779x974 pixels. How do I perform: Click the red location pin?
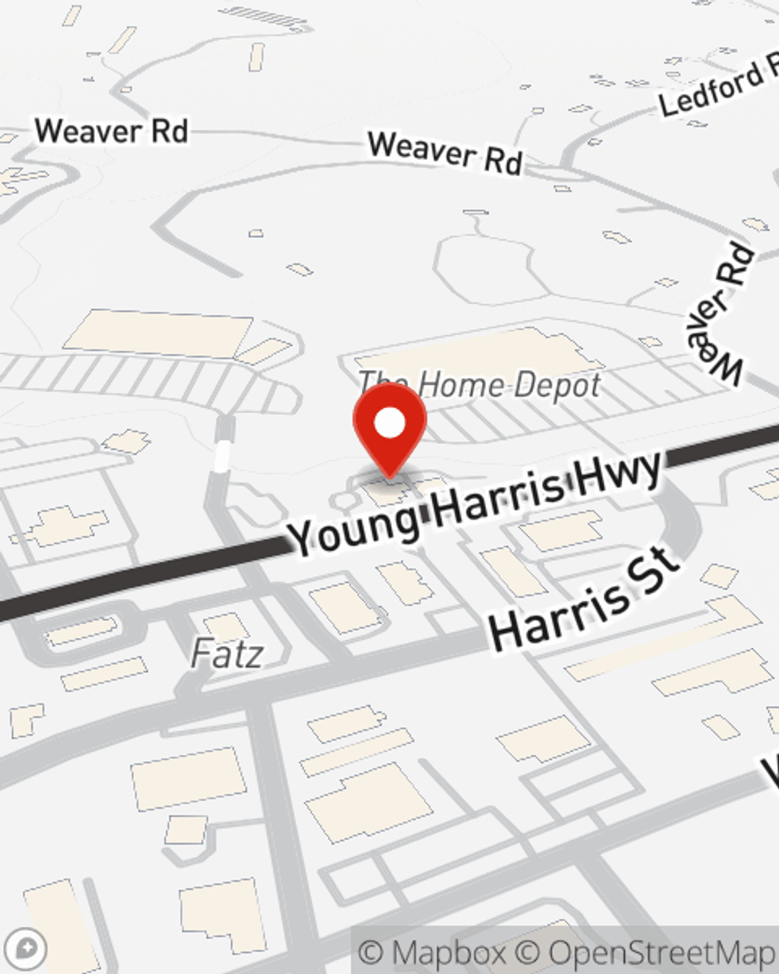click(389, 429)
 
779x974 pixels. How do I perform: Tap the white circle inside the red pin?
click(389, 423)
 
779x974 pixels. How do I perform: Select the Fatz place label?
click(227, 654)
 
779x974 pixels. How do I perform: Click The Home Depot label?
click(480, 384)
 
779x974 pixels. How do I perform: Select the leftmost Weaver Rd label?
click(111, 130)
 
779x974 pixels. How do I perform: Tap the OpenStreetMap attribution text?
click(662, 953)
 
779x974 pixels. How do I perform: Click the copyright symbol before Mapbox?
click(372, 953)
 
